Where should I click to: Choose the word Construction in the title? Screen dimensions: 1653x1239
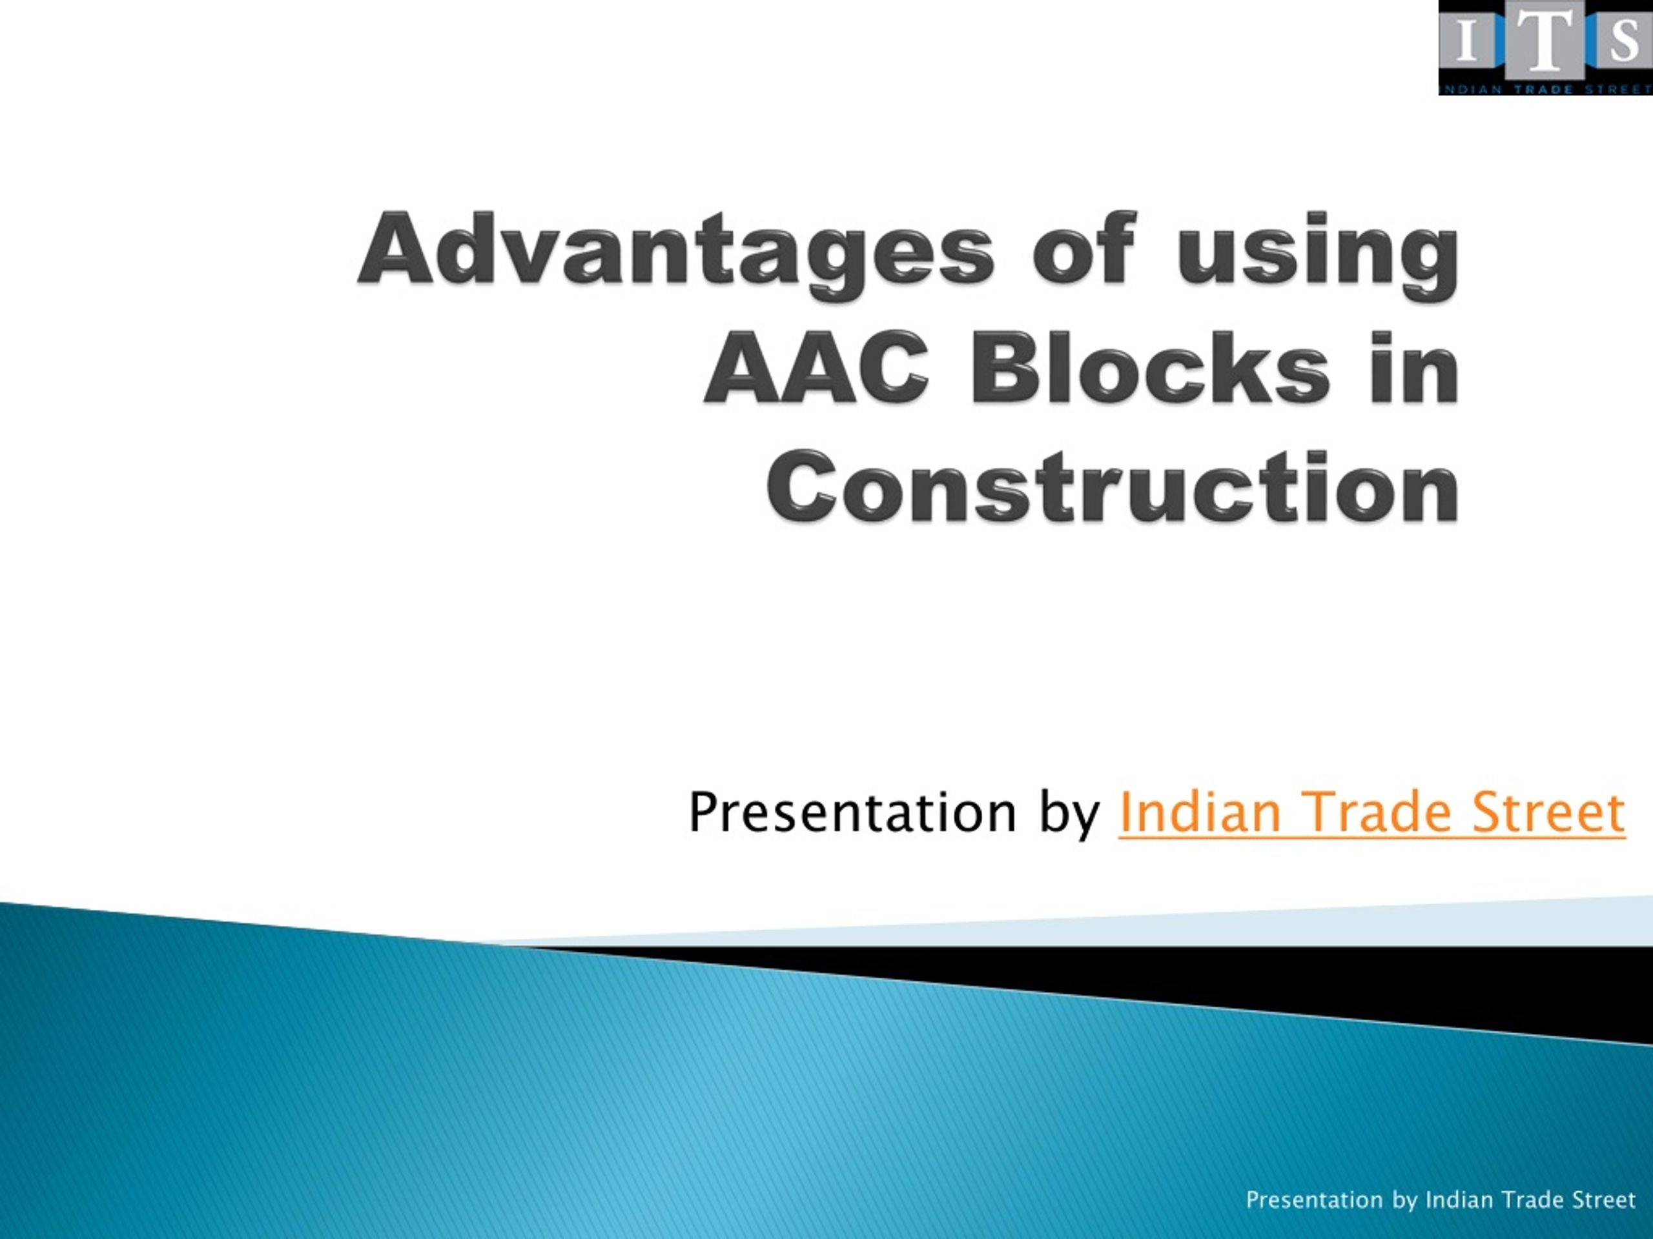click(1113, 487)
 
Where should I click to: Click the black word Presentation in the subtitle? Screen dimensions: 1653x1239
click(852, 814)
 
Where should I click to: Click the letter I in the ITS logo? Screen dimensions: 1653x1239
click(1466, 42)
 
